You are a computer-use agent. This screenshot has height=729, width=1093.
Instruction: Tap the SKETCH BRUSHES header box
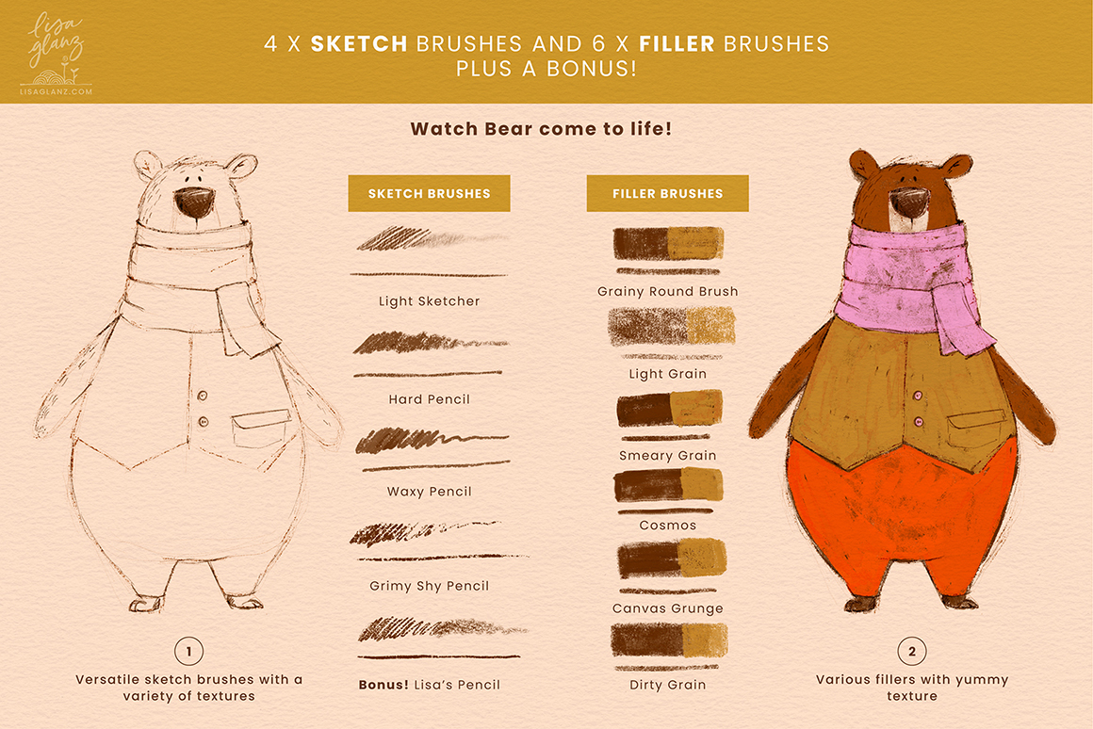tap(430, 193)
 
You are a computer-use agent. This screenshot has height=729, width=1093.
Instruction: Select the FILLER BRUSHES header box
tap(668, 193)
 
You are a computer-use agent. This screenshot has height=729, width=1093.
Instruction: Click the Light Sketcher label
tap(430, 301)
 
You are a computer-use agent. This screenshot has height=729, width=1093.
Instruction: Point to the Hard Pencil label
tap(430, 399)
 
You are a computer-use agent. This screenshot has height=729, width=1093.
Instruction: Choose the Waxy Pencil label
tap(430, 492)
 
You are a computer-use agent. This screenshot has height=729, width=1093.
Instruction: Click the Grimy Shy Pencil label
tap(430, 586)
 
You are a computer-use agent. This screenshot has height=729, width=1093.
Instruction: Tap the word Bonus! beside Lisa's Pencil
tap(383, 685)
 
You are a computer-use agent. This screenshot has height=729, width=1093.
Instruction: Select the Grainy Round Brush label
tap(668, 291)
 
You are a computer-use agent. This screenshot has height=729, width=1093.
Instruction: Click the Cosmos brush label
tap(668, 526)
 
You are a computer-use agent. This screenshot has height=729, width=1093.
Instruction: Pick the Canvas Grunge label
tap(668, 608)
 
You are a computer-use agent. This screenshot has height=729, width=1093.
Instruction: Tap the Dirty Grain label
tap(668, 685)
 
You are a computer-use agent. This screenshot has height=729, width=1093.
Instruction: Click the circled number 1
tap(188, 652)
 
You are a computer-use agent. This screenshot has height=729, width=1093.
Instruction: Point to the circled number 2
tap(912, 652)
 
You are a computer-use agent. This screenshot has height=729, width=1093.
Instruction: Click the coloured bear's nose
tap(909, 202)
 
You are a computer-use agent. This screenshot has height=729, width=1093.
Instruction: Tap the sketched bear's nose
tap(194, 202)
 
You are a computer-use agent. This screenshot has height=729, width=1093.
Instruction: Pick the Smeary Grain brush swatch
tap(669, 409)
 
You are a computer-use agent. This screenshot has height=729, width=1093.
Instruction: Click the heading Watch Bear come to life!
tap(541, 129)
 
